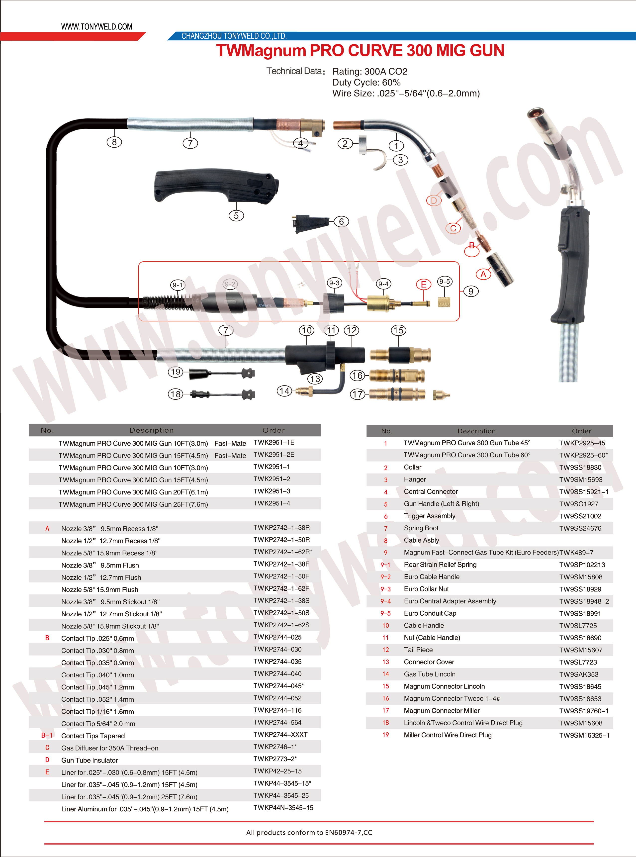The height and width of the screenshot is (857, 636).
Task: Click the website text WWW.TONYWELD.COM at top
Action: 97,27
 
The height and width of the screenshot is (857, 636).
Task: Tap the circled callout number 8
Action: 114,142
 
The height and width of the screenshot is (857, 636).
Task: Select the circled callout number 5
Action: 236,216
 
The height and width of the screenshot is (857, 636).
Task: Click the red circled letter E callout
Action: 424,285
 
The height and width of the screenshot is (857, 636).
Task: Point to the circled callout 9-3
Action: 334,283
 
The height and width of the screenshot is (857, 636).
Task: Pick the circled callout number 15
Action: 398,330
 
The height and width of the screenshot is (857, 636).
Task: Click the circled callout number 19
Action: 176,372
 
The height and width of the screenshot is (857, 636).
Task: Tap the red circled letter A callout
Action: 483,275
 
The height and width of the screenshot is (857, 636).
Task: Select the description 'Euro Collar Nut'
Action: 426,589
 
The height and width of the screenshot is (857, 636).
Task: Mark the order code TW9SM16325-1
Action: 584,735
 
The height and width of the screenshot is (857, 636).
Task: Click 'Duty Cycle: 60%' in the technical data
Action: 366,82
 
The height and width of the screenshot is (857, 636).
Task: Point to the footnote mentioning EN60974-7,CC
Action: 309,832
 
